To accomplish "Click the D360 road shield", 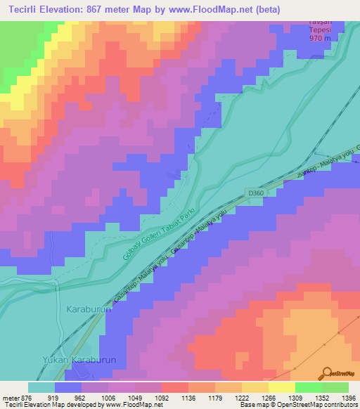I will coord(255,192).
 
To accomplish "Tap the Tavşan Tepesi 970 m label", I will coord(324,30).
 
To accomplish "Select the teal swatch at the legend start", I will coord(41,387).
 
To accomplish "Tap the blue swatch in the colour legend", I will coord(68,387).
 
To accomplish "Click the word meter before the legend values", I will coord(11,397).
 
